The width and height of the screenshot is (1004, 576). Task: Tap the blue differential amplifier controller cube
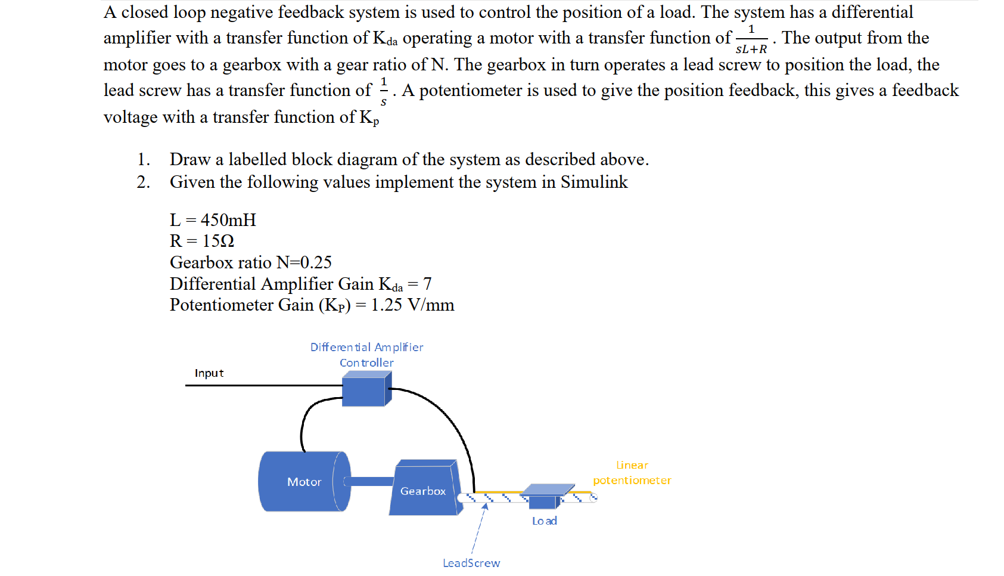coord(365,390)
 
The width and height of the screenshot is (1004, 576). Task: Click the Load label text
coord(544,521)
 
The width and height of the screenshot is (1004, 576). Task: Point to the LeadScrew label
coord(471,563)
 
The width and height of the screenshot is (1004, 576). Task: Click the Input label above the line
coord(209,373)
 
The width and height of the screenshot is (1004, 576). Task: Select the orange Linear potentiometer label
coord(632,473)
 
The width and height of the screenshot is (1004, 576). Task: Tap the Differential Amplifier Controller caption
coord(366,355)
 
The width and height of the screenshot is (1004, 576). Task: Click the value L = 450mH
coord(213,220)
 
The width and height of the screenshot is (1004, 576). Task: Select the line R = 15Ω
coord(202,241)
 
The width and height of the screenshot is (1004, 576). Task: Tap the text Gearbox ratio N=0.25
coord(250,262)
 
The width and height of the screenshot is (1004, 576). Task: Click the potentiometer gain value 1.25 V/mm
coord(412,305)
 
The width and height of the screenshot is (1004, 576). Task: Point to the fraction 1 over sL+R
coord(751,39)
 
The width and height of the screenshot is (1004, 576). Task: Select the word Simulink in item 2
coord(594,182)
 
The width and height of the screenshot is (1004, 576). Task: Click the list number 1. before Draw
coord(144,159)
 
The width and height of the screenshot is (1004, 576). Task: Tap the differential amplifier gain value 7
coord(427,284)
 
